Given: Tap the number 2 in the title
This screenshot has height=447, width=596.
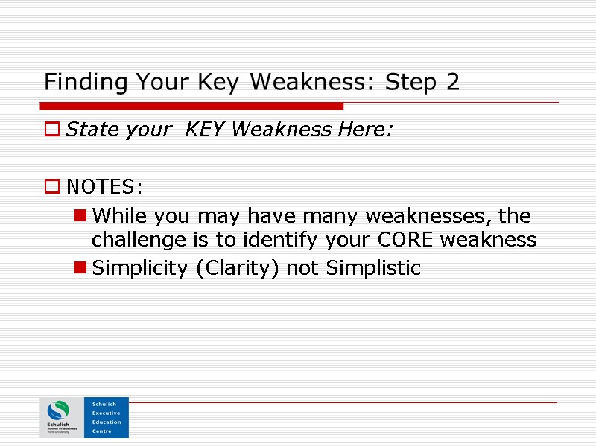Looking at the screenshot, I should pos(453,82).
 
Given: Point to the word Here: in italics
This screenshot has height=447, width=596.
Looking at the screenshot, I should pos(365,130).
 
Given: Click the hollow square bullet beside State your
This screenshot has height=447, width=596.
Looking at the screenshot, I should pos(51,130).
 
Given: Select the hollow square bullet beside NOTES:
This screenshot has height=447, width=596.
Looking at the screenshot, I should pos(51,186).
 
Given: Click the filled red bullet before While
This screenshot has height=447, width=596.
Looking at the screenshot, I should pos(80,216).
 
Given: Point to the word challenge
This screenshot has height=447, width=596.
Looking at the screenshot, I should pos(130,241).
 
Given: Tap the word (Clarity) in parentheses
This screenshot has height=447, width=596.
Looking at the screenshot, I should pos(238,268).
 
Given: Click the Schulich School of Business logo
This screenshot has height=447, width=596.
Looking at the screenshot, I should pos(60,417).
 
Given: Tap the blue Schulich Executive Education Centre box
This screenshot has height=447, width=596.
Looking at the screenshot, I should pos(106,417).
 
